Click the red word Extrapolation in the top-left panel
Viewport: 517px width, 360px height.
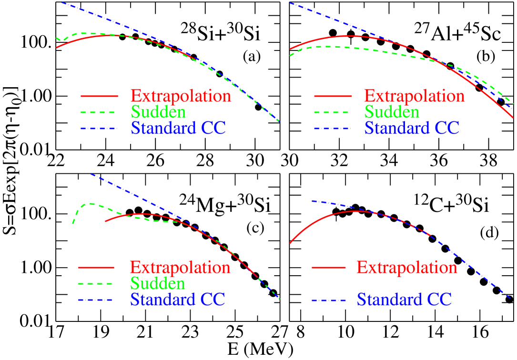[181, 96]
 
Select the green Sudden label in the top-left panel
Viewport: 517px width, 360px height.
[158, 112]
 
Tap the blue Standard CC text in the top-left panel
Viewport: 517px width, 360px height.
[178, 128]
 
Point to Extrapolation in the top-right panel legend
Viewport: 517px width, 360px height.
[414, 96]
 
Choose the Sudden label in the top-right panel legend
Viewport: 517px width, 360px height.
[392, 112]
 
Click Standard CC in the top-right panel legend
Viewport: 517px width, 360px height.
[412, 128]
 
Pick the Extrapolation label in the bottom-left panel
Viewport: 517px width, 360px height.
[180, 268]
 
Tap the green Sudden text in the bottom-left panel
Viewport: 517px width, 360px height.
[158, 283]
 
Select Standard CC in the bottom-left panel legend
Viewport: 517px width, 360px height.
[178, 300]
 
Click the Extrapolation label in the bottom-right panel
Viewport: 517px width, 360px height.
[406, 268]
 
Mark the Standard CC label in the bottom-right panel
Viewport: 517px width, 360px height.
[404, 300]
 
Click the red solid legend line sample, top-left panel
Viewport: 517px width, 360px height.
[99, 96]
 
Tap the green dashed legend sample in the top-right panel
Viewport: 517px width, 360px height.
[332, 112]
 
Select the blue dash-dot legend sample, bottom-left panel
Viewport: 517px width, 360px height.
[96, 300]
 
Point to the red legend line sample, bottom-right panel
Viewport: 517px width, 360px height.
[329, 268]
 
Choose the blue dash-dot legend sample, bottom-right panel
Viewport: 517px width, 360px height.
[329, 300]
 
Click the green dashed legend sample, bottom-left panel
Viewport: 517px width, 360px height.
[96, 284]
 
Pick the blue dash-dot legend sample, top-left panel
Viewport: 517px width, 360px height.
[99, 129]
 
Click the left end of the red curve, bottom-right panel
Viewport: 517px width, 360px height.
[290, 243]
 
